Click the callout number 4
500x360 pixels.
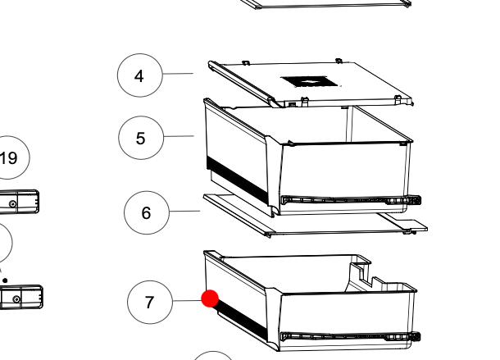(x=139, y=76)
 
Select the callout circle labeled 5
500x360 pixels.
(x=140, y=138)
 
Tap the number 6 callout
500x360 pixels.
(x=146, y=213)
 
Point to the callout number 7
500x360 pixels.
(x=149, y=302)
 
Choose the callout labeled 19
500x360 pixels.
(x=9, y=158)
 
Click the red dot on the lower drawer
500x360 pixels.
(x=210, y=298)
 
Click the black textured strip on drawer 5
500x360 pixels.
(x=237, y=181)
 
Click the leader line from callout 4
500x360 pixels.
(x=177, y=75)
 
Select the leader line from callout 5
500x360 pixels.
(x=178, y=137)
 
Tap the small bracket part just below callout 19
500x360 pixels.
(x=20, y=201)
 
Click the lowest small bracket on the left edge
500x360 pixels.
(x=21, y=296)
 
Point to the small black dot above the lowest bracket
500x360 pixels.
(x=6, y=280)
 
